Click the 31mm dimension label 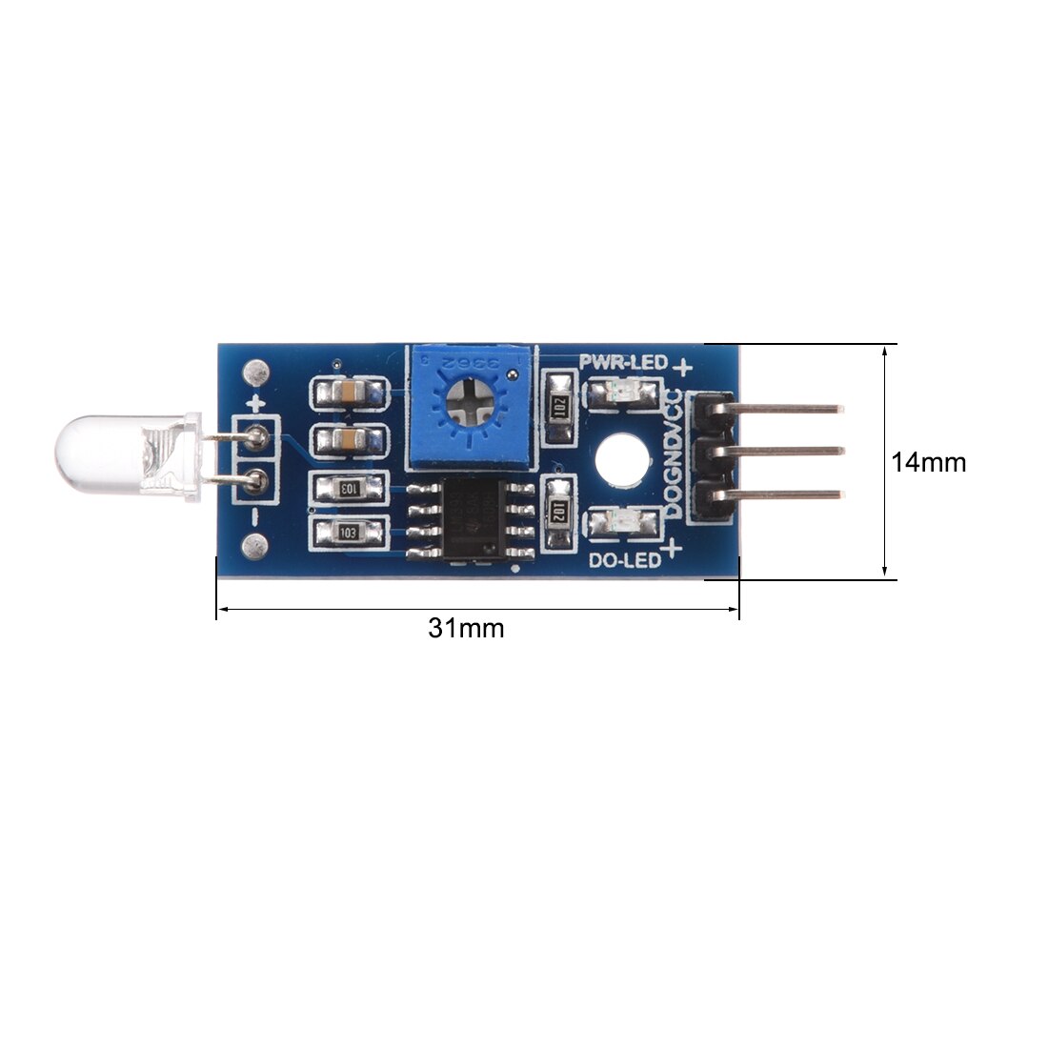click(466, 629)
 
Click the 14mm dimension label click(928, 462)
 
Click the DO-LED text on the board click(625, 561)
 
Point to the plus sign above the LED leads click(254, 404)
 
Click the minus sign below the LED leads click(254, 515)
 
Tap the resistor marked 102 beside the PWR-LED click(558, 408)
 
